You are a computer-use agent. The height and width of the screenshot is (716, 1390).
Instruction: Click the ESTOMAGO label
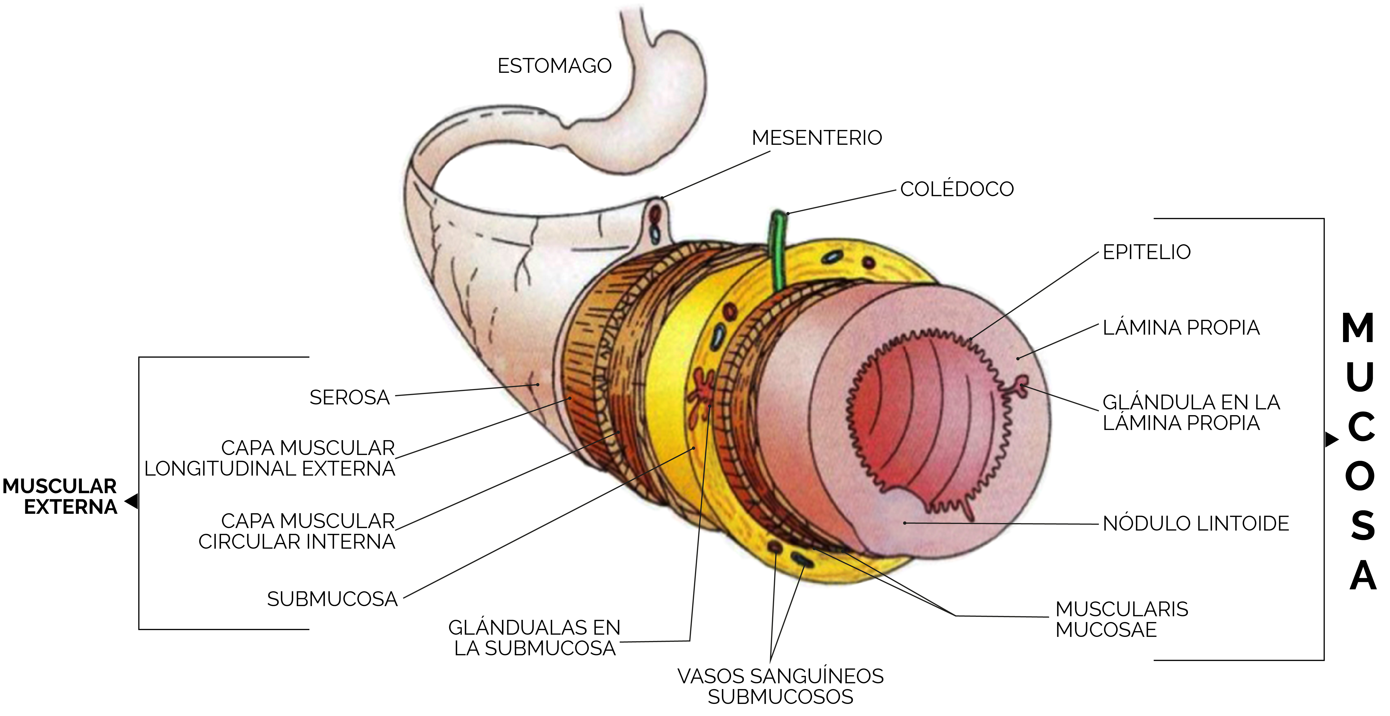pos(554,66)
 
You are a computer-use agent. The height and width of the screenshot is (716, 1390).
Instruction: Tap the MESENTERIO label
pos(817,138)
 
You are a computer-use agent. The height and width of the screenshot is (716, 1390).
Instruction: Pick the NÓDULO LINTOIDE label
pos(1196,523)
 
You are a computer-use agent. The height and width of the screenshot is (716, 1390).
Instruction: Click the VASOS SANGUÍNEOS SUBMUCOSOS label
pos(780,686)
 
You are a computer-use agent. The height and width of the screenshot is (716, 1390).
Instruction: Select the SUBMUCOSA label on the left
pos(332,599)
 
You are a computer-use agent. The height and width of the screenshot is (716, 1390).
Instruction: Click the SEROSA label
pos(349,397)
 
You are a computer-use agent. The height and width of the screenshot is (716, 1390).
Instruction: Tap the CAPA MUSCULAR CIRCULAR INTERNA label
pos(297,531)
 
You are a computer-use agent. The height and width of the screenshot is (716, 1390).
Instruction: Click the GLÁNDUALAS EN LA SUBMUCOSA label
pos(534,638)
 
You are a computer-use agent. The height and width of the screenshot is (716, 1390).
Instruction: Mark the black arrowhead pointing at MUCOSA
pos(1332,440)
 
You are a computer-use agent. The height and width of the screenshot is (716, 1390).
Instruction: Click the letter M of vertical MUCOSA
pos(1358,327)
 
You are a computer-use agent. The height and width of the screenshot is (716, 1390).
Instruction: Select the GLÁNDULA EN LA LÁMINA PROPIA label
pos(1191,412)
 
